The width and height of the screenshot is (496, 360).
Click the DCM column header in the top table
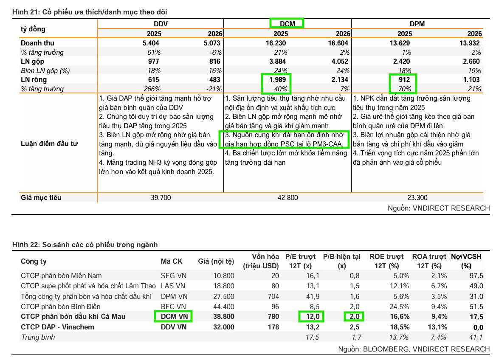pyautogui.click(x=287, y=24)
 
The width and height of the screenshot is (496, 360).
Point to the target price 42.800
pyautogui.click(x=288, y=197)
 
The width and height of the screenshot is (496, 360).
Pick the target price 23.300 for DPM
pyautogui.click(x=417, y=197)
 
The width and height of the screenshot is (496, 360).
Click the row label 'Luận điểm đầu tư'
pyautogui.click(x=49, y=143)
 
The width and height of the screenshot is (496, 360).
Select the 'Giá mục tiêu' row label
pyautogui.click(x=41, y=197)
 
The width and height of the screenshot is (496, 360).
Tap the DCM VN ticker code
pyautogui.click(x=173, y=316)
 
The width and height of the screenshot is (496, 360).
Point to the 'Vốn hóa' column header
pyautogui.click(x=265, y=256)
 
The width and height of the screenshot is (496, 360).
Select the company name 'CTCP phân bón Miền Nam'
pyautogui.click(x=61, y=276)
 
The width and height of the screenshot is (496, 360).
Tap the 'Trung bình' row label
pyautogui.click(x=38, y=337)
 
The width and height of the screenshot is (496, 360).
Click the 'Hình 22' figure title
pyautogui.click(x=85, y=245)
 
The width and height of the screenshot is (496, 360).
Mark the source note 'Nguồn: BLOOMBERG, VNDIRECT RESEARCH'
pyautogui.click(x=414, y=349)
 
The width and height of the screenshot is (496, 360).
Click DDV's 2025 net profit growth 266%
pyautogui.click(x=152, y=89)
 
